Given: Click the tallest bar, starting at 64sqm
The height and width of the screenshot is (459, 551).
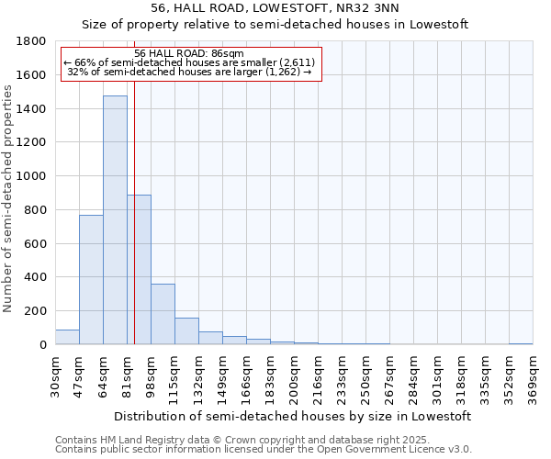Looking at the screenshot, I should point(115,220).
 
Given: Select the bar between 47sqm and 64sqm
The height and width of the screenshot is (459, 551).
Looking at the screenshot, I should point(91,280).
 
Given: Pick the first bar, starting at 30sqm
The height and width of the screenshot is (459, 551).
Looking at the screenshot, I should point(67,337).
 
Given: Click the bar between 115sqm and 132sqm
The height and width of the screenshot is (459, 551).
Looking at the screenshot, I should point(186,331).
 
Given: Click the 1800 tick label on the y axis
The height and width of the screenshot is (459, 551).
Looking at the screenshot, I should point(32,41).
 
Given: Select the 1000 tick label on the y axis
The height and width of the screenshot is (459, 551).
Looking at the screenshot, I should point(32,176).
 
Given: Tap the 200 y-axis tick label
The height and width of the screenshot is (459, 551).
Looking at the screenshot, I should point(36,311).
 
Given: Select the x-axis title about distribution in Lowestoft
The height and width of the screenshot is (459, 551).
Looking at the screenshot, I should point(294,416).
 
